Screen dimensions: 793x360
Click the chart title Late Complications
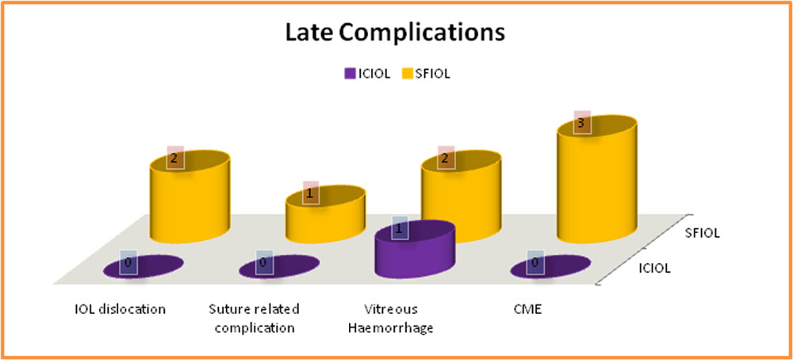(396, 33)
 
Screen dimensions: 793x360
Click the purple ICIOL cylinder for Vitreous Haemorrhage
(416, 249)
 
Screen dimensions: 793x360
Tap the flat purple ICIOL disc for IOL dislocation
(143, 266)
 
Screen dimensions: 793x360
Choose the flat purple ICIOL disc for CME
(551, 266)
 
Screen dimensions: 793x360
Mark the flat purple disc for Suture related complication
(279, 266)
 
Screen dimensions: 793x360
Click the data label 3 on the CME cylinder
(582, 122)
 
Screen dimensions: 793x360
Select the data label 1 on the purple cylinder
(399, 228)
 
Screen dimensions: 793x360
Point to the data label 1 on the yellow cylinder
(311, 193)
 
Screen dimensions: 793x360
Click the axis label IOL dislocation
(118, 309)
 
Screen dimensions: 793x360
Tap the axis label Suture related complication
(255, 318)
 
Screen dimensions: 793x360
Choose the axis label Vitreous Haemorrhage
(390, 318)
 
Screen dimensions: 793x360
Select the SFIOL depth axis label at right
(703, 234)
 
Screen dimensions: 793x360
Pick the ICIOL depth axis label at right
(653, 269)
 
